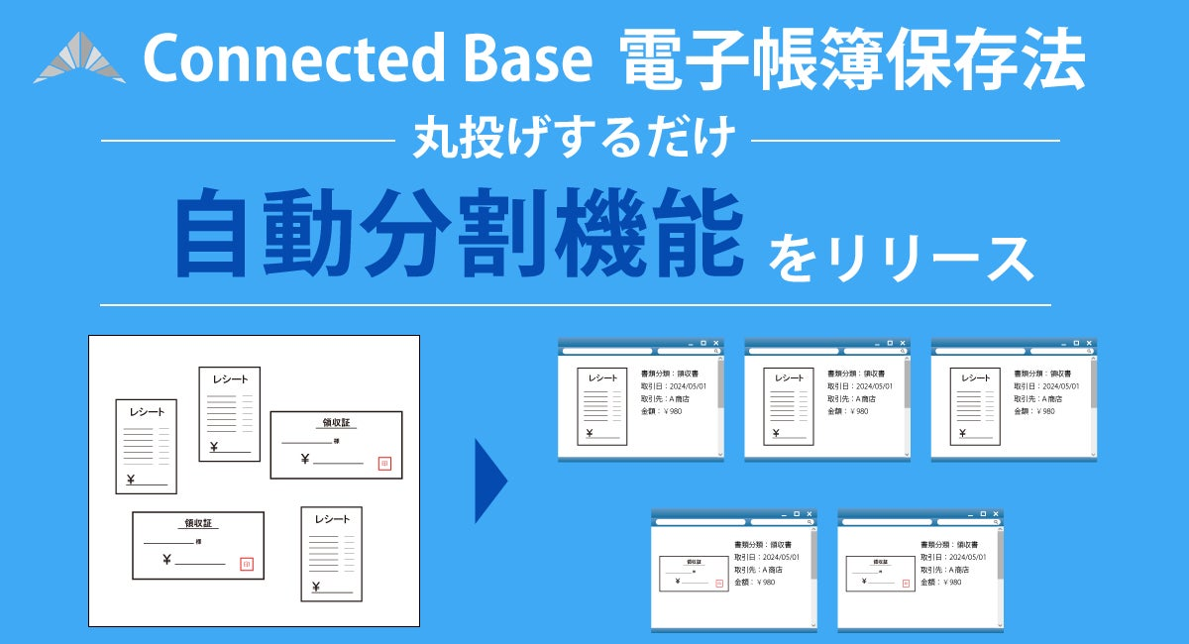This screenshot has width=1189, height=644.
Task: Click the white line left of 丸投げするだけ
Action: tap(248, 141)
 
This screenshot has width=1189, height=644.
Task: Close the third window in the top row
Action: tap(1089, 343)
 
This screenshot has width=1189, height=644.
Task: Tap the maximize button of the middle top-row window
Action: tap(889, 343)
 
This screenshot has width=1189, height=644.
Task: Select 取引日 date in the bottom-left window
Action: tap(772, 557)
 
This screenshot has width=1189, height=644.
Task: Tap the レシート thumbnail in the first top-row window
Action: tap(602, 406)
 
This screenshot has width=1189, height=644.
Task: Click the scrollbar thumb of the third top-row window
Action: tap(1094, 381)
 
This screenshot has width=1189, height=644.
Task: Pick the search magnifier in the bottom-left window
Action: tap(809, 522)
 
